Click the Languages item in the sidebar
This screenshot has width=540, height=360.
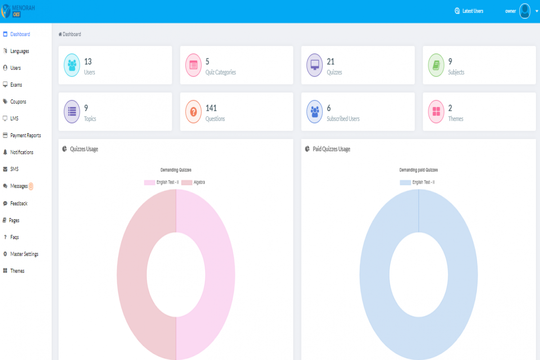[19, 51]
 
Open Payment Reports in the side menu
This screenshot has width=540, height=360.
[25, 135]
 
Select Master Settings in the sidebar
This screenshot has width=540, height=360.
[24, 254]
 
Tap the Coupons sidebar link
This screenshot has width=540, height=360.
[18, 102]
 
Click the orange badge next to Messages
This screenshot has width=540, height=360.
[31, 186]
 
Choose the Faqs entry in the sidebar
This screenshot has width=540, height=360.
[14, 237]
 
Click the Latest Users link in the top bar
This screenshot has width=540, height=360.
[472, 11]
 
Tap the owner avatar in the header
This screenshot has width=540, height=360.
[525, 11]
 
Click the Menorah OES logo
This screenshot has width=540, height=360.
[18, 10]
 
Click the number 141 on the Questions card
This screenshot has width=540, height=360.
[211, 108]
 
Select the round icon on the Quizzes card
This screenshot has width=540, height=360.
[315, 65]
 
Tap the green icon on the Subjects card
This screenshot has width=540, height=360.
[436, 65]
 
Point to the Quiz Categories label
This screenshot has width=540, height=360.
[220, 72]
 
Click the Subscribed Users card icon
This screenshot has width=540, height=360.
[315, 112]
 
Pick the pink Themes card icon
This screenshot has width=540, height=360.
[436, 112]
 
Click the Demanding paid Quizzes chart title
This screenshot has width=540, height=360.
[418, 170]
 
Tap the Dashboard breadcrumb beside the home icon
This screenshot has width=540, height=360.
[72, 34]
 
